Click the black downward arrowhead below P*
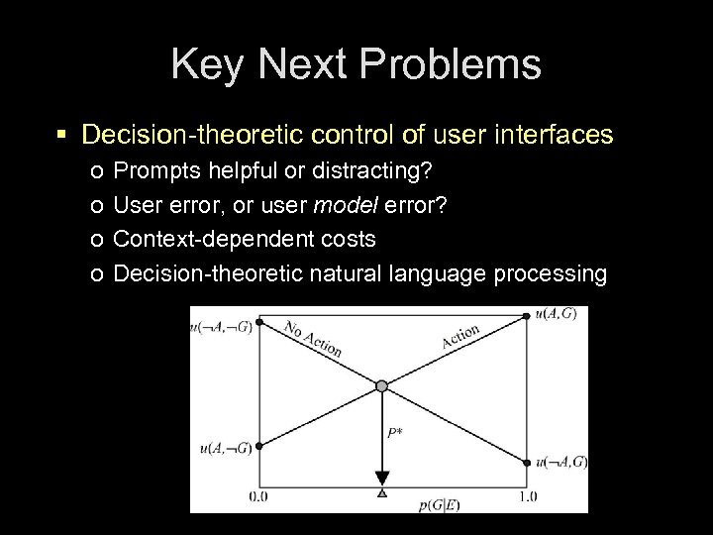(382, 478)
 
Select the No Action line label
(312, 338)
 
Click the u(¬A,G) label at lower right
(561, 463)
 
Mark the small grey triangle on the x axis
(382, 493)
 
